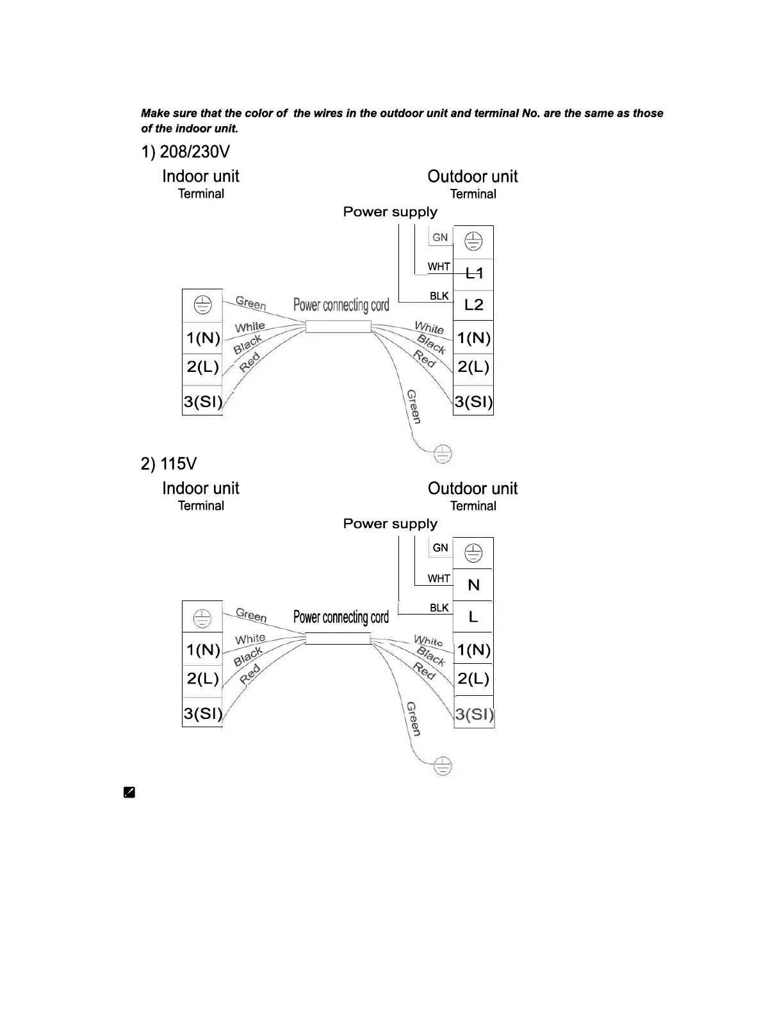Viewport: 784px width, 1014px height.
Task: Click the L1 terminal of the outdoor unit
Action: (x=474, y=273)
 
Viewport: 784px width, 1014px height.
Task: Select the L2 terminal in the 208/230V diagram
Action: (x=474, y=305)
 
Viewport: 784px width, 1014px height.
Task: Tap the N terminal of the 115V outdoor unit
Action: (x=474, y=585)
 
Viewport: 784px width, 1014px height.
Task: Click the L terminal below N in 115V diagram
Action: (x=473, y=617)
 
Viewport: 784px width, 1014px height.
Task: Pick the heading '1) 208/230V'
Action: (x=185, y=152)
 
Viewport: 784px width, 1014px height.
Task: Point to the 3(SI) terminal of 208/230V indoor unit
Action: (x=202, y=401)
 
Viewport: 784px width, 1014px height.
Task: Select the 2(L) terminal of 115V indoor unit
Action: (x=202, y=679)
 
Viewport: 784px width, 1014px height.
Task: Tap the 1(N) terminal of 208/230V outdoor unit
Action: (x=474, y=337)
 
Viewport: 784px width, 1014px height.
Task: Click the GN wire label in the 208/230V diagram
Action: (x=440, y=237)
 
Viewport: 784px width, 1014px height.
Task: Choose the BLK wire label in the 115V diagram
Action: (x=439, y=608)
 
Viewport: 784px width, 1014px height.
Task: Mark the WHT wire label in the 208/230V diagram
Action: (x=439, y=266)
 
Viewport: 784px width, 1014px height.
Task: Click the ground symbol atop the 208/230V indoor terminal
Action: (x=202, y=305)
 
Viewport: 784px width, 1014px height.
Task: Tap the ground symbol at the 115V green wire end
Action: (x=443, y=766)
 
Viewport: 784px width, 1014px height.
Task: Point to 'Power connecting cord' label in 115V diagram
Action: (x=341, y=617)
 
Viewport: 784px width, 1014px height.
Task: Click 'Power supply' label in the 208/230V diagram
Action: (x=390, y=212)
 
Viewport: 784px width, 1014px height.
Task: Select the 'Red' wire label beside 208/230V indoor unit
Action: (x=250, y=362)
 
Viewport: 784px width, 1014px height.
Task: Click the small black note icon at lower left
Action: (x=129, y=793)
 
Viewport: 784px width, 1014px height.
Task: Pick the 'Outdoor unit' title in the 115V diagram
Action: (x=473, y=488)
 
